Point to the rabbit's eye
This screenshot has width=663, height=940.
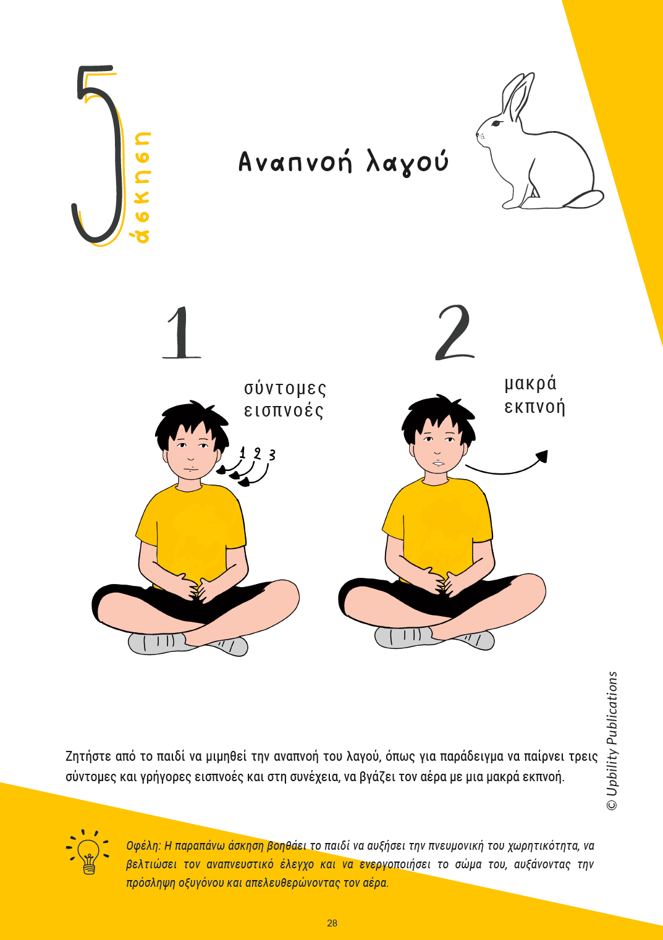(x=496, y=123)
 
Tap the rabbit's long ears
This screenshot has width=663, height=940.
(x=518, y=95)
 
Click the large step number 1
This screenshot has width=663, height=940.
(x=182, y=332)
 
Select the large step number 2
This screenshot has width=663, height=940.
(x=455, y=332)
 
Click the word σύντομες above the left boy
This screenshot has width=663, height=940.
(x=285, y=389)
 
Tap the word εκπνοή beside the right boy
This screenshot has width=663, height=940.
(x=534, y=407)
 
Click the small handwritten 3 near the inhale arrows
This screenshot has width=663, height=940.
(x=272, y=454)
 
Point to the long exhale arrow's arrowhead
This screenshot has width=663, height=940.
(x=543, y=455)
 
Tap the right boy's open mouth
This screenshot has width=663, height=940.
(x=439, y=463)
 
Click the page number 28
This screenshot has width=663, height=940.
(x=332, y=923)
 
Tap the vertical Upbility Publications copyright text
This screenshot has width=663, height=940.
(x=612, y=740)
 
